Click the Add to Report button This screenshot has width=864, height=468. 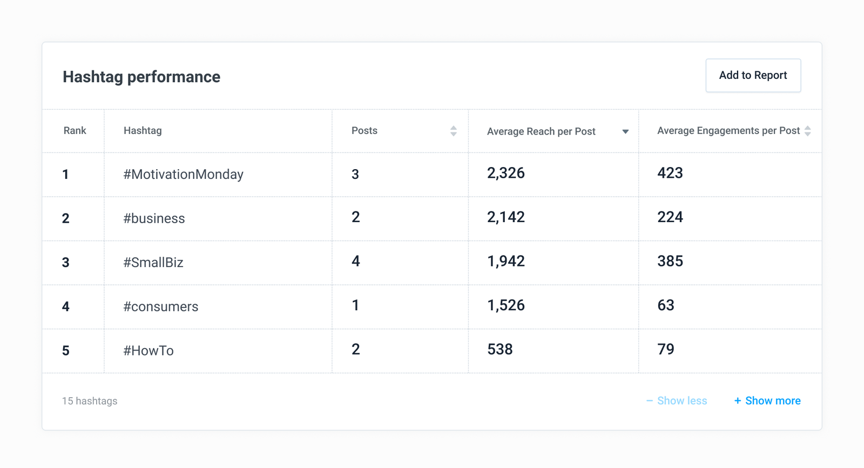(x=753, y=76)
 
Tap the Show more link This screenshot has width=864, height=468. (x=767, y=401)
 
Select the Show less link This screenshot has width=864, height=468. (x=677, y=401)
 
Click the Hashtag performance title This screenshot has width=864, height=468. (x=141, y=77)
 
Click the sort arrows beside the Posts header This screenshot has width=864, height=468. (x=454, y=131)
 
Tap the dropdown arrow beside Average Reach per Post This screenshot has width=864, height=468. (x=625, y=131)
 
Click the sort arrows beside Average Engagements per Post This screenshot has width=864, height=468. (x=808, y=131)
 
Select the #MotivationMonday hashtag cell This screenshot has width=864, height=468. (x=184, y=175)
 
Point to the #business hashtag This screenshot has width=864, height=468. (x=154, y=218)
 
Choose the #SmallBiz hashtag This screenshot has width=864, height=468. (x=153, y=263)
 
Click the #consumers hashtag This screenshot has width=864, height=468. (x=161, y=307)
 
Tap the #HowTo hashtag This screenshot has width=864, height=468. (x=148, y=351)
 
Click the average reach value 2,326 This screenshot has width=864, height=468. (x=506, y=173)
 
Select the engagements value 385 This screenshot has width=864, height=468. (x=670, y=262)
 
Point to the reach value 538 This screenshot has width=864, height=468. (x=500, y=350)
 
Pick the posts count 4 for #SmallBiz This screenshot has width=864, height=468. (x=356, y=262)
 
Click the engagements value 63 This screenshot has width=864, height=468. (x=666, y=305)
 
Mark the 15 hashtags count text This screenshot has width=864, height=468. (x=90, y=401)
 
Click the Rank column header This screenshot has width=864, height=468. (x=75, y=131)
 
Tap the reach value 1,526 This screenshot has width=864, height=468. (x=506, y=305)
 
